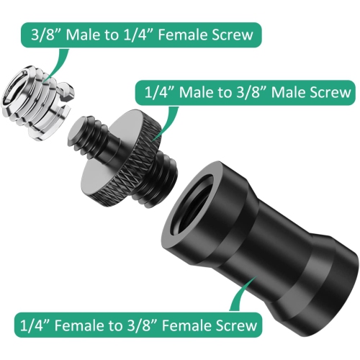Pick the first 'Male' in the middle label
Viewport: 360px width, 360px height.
click(202, 92)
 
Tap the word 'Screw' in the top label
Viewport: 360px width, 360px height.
click(233, 33)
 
